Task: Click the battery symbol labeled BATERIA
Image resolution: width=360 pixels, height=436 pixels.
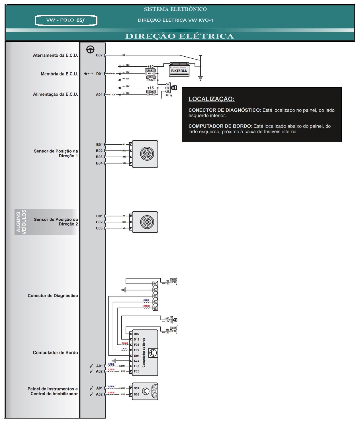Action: [179, 70]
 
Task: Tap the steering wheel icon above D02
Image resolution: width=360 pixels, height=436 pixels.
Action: [91, 50]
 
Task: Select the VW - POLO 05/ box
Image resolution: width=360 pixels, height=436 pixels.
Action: [66, 20]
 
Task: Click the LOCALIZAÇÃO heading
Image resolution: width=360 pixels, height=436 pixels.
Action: [211, 99]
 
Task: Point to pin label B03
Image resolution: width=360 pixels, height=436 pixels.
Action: [99, 157]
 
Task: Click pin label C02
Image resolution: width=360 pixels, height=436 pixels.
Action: [99, 222]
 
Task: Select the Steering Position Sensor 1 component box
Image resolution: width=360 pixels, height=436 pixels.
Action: [145, 154]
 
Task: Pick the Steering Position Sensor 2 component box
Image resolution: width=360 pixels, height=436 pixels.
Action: [145, 222]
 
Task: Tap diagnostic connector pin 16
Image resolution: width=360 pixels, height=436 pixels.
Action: [155, 284]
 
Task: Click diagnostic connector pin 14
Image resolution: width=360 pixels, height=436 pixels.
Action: [155, 302]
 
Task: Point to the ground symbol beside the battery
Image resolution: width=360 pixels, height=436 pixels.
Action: [201, 78]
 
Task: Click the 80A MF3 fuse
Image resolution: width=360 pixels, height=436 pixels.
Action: [150, 72]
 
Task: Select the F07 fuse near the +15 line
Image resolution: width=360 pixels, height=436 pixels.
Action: [151, 93]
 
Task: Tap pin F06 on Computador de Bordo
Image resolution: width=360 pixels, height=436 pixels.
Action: [136, 345]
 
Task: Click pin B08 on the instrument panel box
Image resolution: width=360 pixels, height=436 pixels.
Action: [136, 394]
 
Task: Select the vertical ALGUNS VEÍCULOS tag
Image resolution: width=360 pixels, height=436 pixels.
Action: [21, 222]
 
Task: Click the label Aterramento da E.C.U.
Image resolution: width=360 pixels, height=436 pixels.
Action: [55, 56]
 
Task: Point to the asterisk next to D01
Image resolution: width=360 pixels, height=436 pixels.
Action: [86, 74]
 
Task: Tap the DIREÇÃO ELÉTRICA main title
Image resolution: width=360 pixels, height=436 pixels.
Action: [180, 36]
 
